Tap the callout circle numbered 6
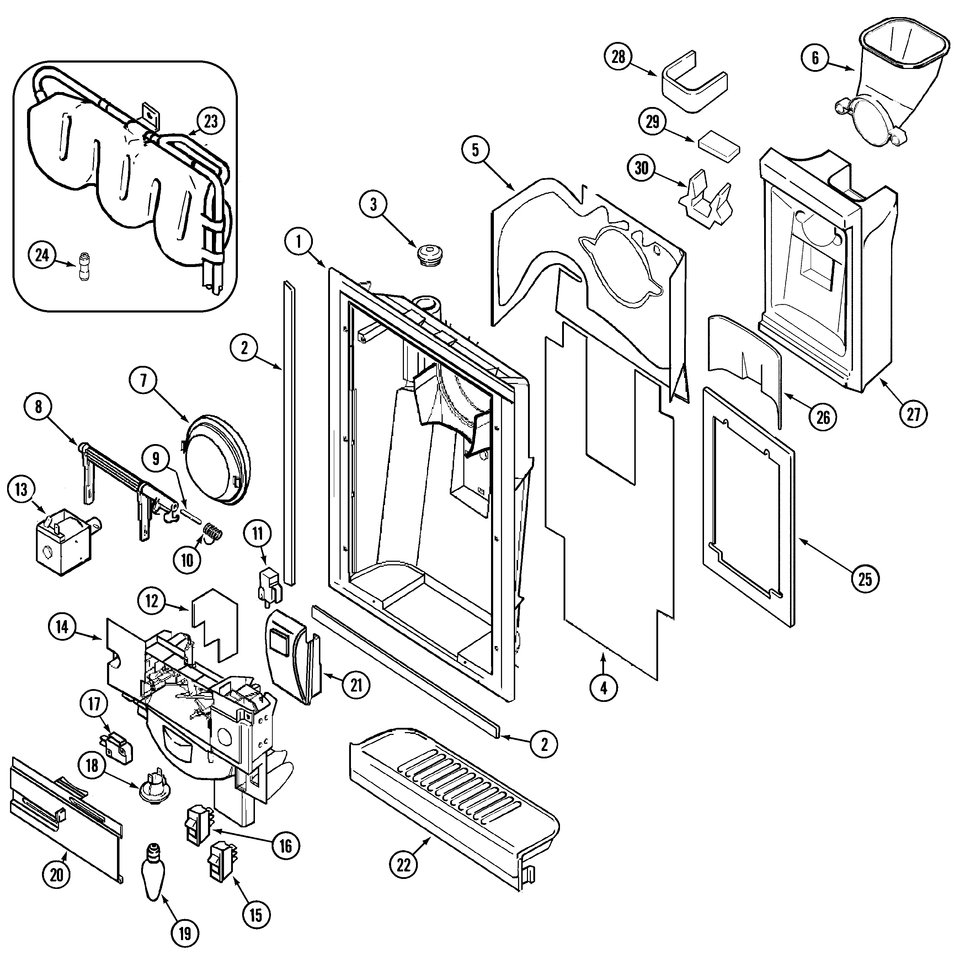click(815, 59)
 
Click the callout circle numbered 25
click(865, 579)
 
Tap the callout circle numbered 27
click(913, 414)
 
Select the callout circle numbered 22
click(404, 865)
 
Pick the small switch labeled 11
click(269, 581)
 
